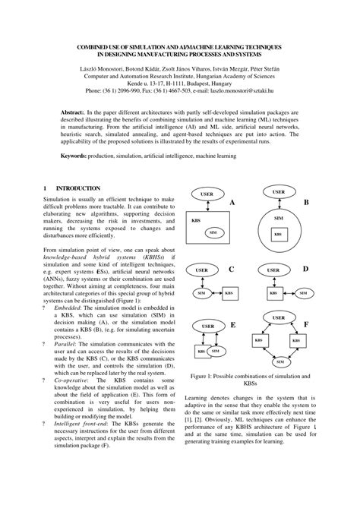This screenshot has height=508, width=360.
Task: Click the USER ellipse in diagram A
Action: point(206,195)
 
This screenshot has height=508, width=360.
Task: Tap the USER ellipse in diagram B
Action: point(278,192)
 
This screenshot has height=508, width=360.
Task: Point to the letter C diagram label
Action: point(232,270)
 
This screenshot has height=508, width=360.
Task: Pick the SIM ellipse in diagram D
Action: point(304,292)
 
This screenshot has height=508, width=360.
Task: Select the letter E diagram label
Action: point(232,325)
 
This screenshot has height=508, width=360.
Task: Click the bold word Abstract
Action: point(74,111)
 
